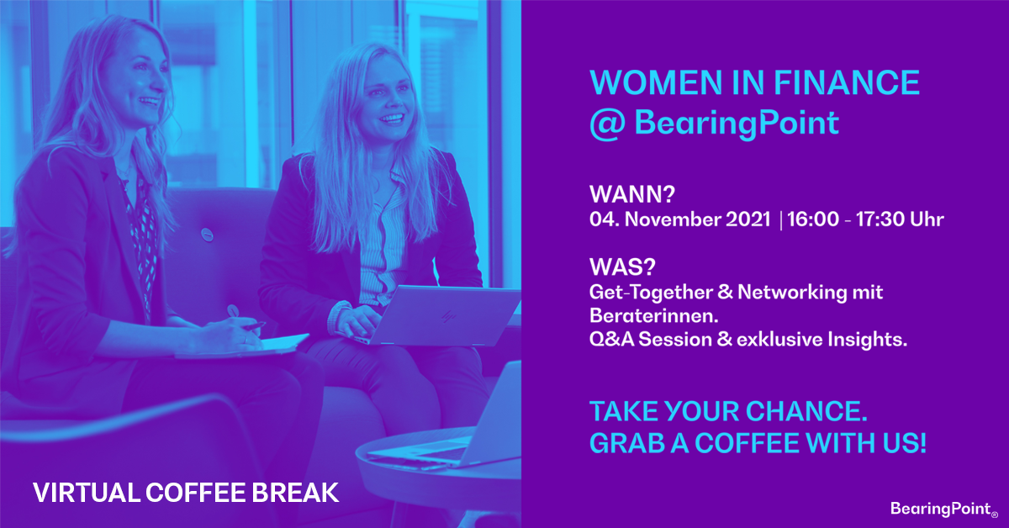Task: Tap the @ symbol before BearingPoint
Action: pyautogui.click(x=608, y=123)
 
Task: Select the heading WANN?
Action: pyautogui.click(x=632, y=194)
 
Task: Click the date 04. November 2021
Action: pyautogui.click(x=680, y=219)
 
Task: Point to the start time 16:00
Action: pyautogui.click(x=814, y=219)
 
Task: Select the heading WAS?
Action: pyautogui.click(x=622, y=267)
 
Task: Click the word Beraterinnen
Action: pyautogui.click(x=654, y=316)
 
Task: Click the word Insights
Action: pyautogui.click(x=867, y=339)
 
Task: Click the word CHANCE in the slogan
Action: pyautogui.click(x=806, y=411)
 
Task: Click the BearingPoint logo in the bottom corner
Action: pyautogui.click(x=943, y=509)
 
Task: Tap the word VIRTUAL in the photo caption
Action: pyautogui.click(x=87, y=493)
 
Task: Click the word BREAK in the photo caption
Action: pyautogui.click(x=295, y=493)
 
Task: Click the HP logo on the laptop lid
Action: pyautogui.click(x=447, y=317)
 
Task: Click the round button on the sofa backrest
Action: pyautogui.click(x=207, y=235)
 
